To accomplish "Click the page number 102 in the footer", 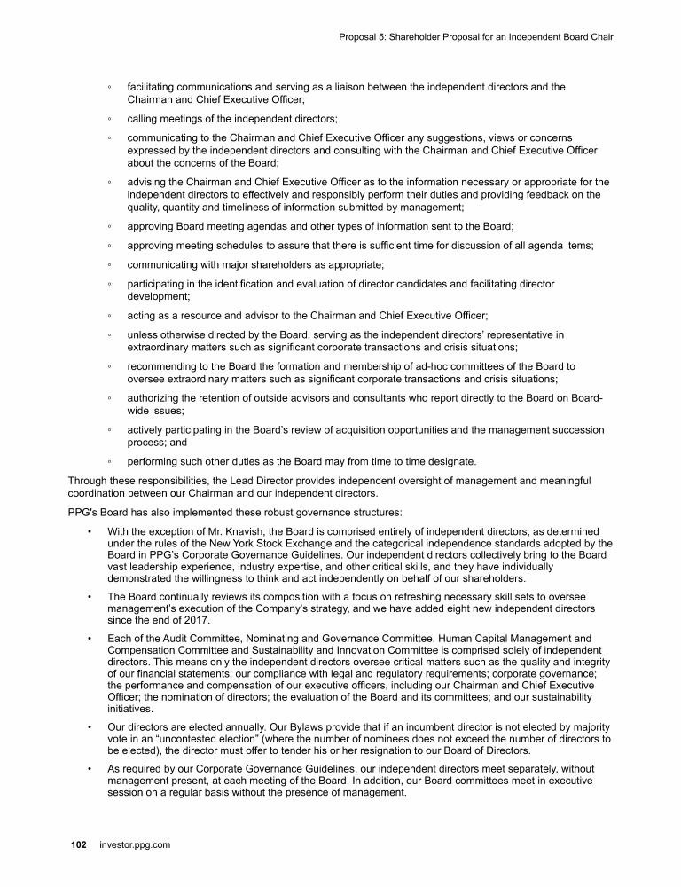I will click(78, 845).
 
